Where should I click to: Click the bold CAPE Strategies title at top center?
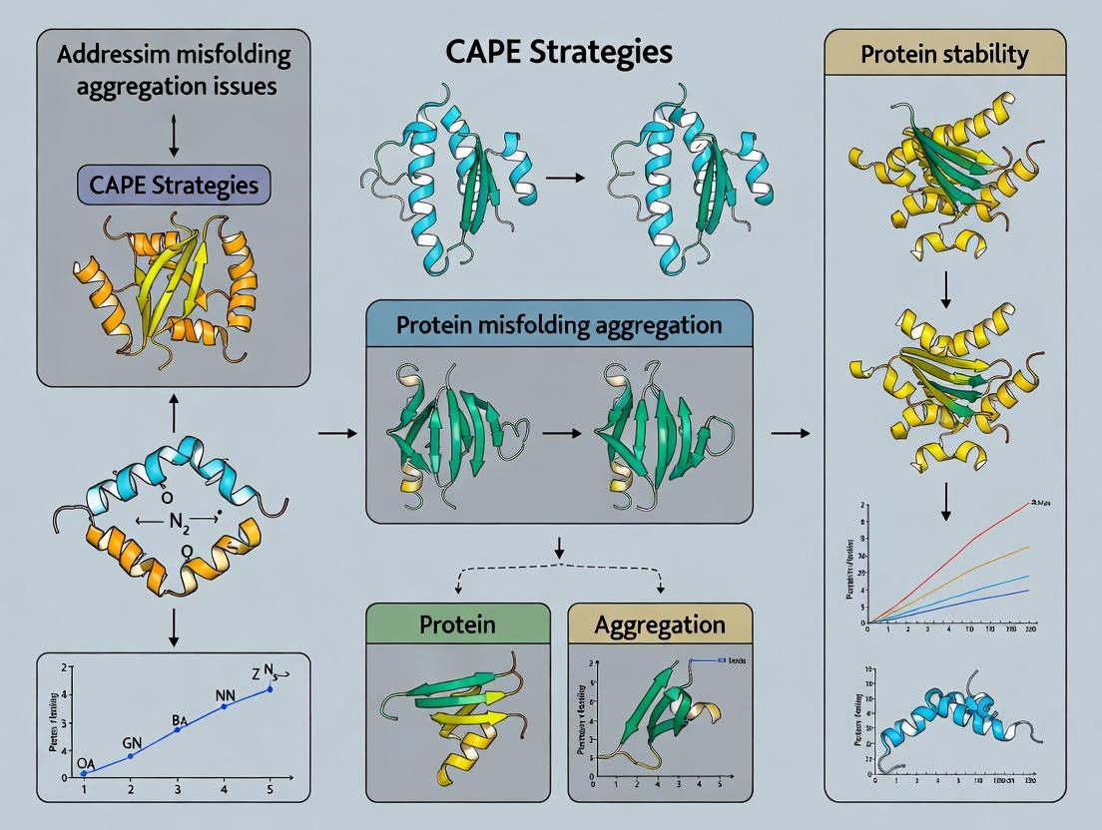[x=550, y=53]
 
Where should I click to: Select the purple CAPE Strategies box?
[x=174, y=185]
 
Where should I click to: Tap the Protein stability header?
[x=944, y=55]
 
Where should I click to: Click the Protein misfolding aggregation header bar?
[x=558, y=325]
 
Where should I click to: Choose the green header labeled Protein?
[x=458, y=624]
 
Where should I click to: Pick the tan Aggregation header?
[x=660, y=624]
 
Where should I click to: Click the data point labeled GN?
[x=131, y=755]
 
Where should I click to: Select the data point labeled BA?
[x=178, y=730]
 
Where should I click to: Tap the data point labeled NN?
[x=225, y=705]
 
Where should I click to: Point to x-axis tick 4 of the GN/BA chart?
[x=225, y=789]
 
